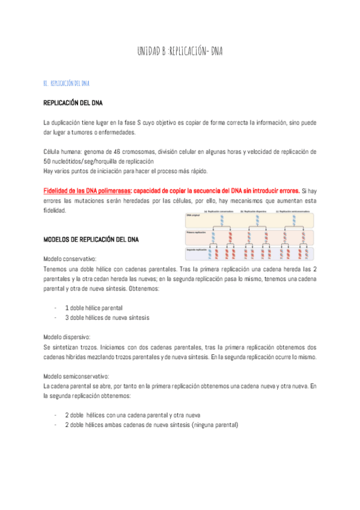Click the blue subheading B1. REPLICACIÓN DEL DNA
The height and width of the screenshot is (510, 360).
[x=67, y=83]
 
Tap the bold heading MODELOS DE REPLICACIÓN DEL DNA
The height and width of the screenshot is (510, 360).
[x=91, y=239]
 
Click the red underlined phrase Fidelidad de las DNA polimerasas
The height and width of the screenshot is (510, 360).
[x=87, y=190]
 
